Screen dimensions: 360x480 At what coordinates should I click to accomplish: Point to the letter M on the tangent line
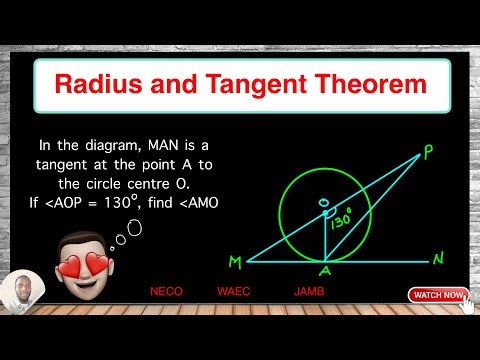coord(235,262)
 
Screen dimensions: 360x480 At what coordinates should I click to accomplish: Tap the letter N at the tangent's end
coord(439,259)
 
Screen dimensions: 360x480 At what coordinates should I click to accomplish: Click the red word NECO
coord(166,293)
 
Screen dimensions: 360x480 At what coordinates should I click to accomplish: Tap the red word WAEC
coord(233,293)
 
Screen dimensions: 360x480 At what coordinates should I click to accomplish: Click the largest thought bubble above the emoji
coord(133,226)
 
